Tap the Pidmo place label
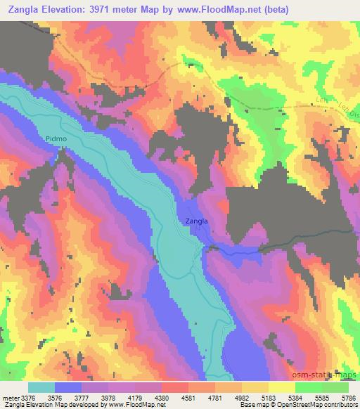57,139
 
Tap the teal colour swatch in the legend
41,387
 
